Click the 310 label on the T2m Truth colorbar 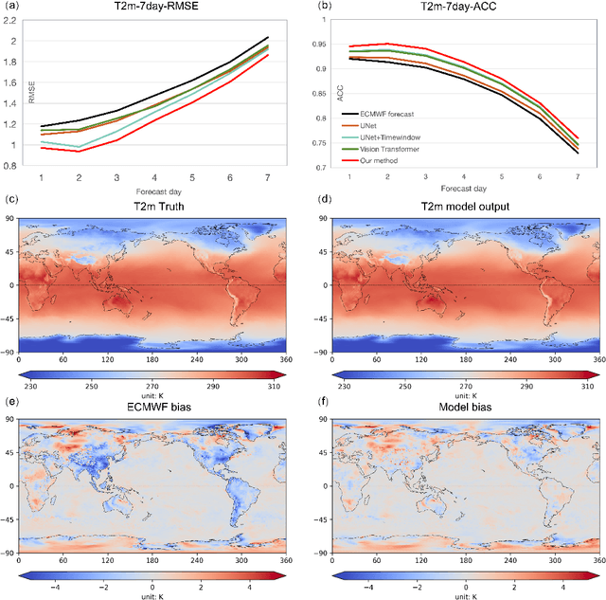[275, 389]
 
